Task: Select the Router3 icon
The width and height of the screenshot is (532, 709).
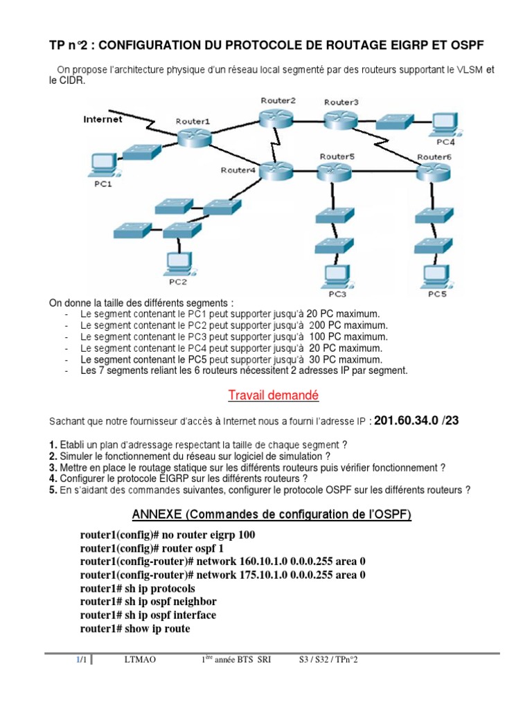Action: [339, 118]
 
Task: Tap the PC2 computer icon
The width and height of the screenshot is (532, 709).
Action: [178, 262]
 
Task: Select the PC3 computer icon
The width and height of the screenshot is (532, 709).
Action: [331, 276]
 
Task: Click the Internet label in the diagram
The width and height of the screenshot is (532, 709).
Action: [103, 119]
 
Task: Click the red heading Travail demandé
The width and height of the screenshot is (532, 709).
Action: [273, 395]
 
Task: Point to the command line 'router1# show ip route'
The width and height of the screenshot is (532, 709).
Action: [135, 629]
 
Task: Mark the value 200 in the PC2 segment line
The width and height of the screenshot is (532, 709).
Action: [318, 325]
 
